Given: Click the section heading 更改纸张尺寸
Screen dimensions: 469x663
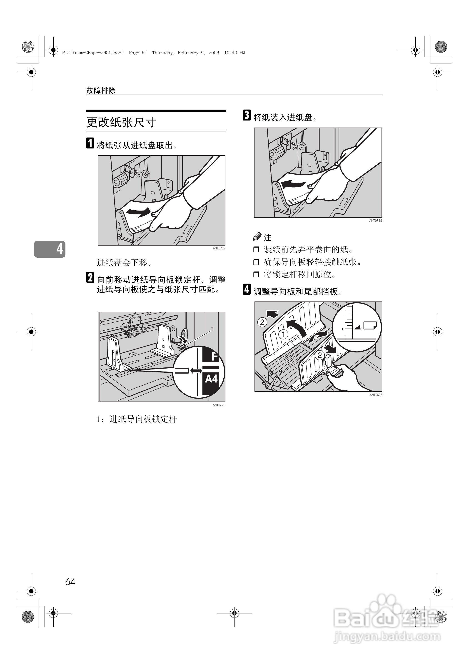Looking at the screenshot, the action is pos(121,122).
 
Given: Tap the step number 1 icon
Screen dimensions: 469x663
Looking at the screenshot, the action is pos(90,143).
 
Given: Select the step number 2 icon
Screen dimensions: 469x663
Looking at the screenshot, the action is pos(90,277).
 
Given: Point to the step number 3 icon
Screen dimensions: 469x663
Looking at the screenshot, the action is pos(246,115).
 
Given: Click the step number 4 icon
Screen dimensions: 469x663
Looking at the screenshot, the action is pos(246,289).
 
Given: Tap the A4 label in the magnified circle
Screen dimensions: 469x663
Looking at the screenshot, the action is pos(211,378).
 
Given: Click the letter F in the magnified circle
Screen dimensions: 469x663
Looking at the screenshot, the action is pos(214,357).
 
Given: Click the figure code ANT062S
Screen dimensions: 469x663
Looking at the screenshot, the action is pos(376,395).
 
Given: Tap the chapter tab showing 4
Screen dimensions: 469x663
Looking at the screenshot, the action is pos(50,249).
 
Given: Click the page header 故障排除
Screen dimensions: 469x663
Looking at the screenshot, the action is pos(101,90).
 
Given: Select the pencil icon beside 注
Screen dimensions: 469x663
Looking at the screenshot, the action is pos(257,237).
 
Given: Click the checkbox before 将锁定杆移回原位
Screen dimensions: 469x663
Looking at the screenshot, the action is pos(256,274).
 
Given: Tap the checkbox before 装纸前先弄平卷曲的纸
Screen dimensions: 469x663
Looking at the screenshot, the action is pos(256,250).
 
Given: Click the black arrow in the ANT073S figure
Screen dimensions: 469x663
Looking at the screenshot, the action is pos(138,212).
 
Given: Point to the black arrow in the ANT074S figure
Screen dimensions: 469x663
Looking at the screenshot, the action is pos(293,184).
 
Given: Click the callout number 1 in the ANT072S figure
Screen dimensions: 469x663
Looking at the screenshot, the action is pos(212,329).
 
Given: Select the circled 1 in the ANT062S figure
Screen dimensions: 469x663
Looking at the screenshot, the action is pos(283,334).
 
